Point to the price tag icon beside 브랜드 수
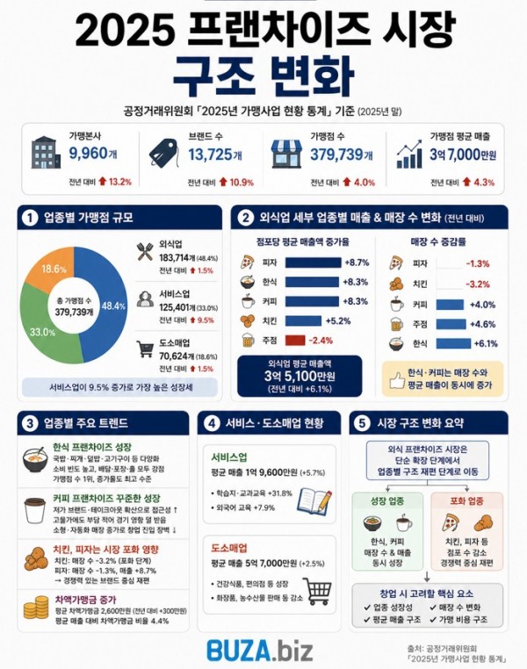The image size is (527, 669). point(164,153)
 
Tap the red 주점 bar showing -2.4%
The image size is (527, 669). point(294,341)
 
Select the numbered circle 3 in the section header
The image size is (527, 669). point(30,423)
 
